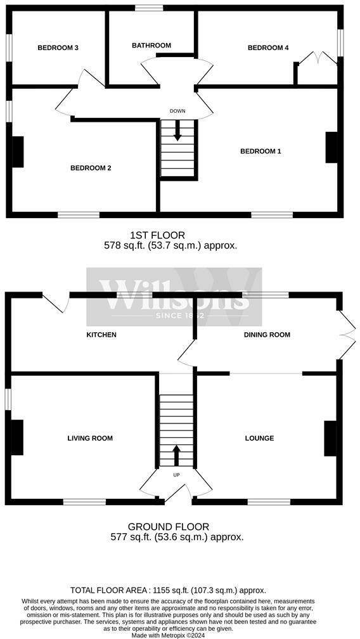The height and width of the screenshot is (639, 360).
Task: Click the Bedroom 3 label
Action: pyautogui.click(x=58, y=48)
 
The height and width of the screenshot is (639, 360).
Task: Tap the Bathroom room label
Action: pyautogui.click(x=151, y=45)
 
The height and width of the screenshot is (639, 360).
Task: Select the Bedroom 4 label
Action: pyautogui.click(x=268, y=48)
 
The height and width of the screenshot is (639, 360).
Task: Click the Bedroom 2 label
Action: pyautogui.click(x=91, y=167)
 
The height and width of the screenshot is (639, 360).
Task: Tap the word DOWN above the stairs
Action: pyautogui.click(x=177, y=111)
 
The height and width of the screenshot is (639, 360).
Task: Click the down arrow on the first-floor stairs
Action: pyautogui.click(x=177, y=132)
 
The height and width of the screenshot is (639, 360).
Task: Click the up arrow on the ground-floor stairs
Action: pyautogui.click(x=176, y=456)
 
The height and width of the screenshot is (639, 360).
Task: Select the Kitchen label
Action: pyautogui.click(x=101, y=335)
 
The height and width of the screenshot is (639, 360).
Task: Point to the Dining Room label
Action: pyautogui.click(x=267, y=335)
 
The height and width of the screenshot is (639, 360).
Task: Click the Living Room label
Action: pyautogui.click(x=90, y=438)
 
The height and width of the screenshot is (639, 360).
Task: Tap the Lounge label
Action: pyautogui.click(x=259, y=438)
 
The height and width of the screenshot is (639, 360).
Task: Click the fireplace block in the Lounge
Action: pyautogui.click(x=330, y=439)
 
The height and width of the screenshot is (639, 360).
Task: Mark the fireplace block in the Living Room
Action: pyautogui.click(x=17, y=437)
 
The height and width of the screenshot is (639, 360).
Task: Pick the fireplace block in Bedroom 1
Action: pyautogui.click(x=331, y=147)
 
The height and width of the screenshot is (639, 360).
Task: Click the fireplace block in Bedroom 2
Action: pyautogui.click(x=18, y=152)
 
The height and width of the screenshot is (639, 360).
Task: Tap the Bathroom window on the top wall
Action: pyautogui.click(x=149, y=8)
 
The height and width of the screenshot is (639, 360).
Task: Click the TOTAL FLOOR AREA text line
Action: pyautogui.click(x=168, y=590)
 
